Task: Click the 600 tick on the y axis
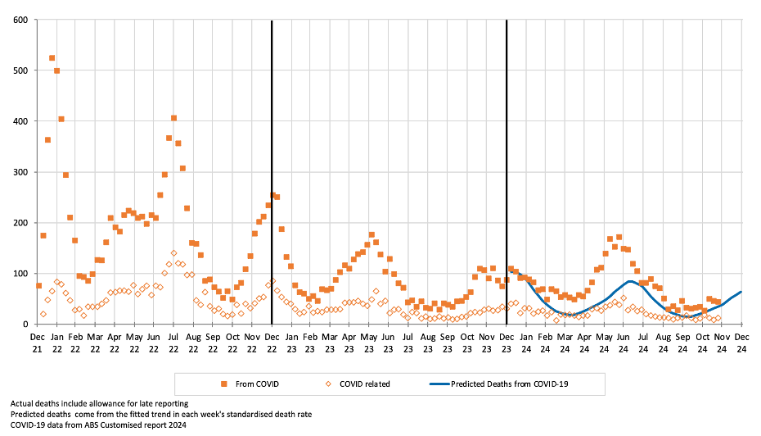tap(20, 20)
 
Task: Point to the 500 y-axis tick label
tap(20, 70)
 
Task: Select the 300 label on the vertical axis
tap(20, 172)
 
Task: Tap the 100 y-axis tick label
tap(20, 274)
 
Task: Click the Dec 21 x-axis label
tap(38, 343)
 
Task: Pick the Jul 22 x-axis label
tap(173, 343)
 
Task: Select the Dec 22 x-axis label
tap(272, 343)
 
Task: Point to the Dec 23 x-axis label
tap(507, 343)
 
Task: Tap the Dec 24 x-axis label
tap(741, 343)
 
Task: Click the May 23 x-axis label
tap(369, 343)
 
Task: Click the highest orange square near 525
tap(52, 58)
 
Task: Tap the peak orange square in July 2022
tap(173, 118)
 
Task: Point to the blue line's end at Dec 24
tap(741, 292)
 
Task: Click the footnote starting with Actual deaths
tap(99, 403)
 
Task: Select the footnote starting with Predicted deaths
tap(160, 414)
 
